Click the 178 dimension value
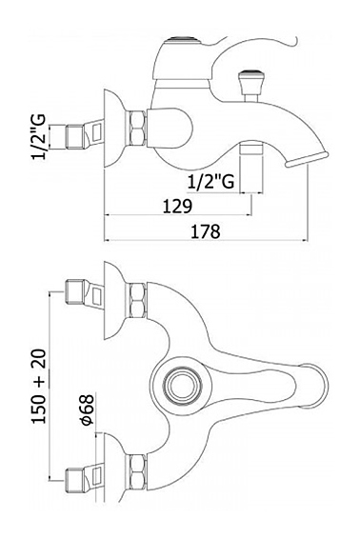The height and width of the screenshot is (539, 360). tap(206, 231)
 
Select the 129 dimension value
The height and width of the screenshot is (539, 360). tap(177, 206)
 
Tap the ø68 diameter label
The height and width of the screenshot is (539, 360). tap(88, 409)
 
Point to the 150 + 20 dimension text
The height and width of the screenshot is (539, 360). tap(39, 386)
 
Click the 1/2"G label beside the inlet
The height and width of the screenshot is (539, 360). tap(39, 136)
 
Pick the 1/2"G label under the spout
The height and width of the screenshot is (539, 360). tap(211, 181)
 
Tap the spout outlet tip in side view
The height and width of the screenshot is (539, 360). tap(307, 159)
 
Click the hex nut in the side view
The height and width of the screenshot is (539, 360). tap(138, 128)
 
